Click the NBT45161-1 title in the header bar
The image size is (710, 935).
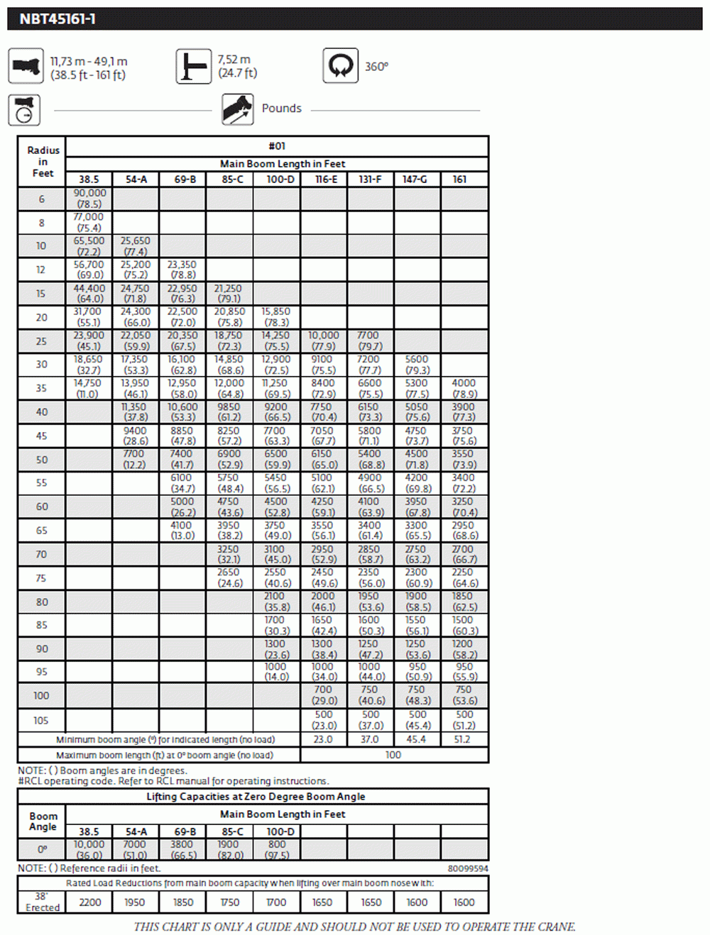[58, 19]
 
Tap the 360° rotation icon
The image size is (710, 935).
[340, 66]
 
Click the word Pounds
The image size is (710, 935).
[281, 109]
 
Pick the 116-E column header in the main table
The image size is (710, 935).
[326, 179]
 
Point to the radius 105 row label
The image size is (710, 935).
[41, 720]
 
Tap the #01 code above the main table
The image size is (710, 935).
[277, 146]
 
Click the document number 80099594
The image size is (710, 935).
[467, 868]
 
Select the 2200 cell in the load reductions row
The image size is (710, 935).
[90, 902]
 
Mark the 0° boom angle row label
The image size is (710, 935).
[42, 849]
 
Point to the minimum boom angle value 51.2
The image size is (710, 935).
[462, 739]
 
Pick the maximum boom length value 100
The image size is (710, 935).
[393, 755]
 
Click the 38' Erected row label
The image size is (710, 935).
[42, 902]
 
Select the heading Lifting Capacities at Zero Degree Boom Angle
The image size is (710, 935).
[256, 797]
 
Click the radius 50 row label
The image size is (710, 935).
[41, 460]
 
